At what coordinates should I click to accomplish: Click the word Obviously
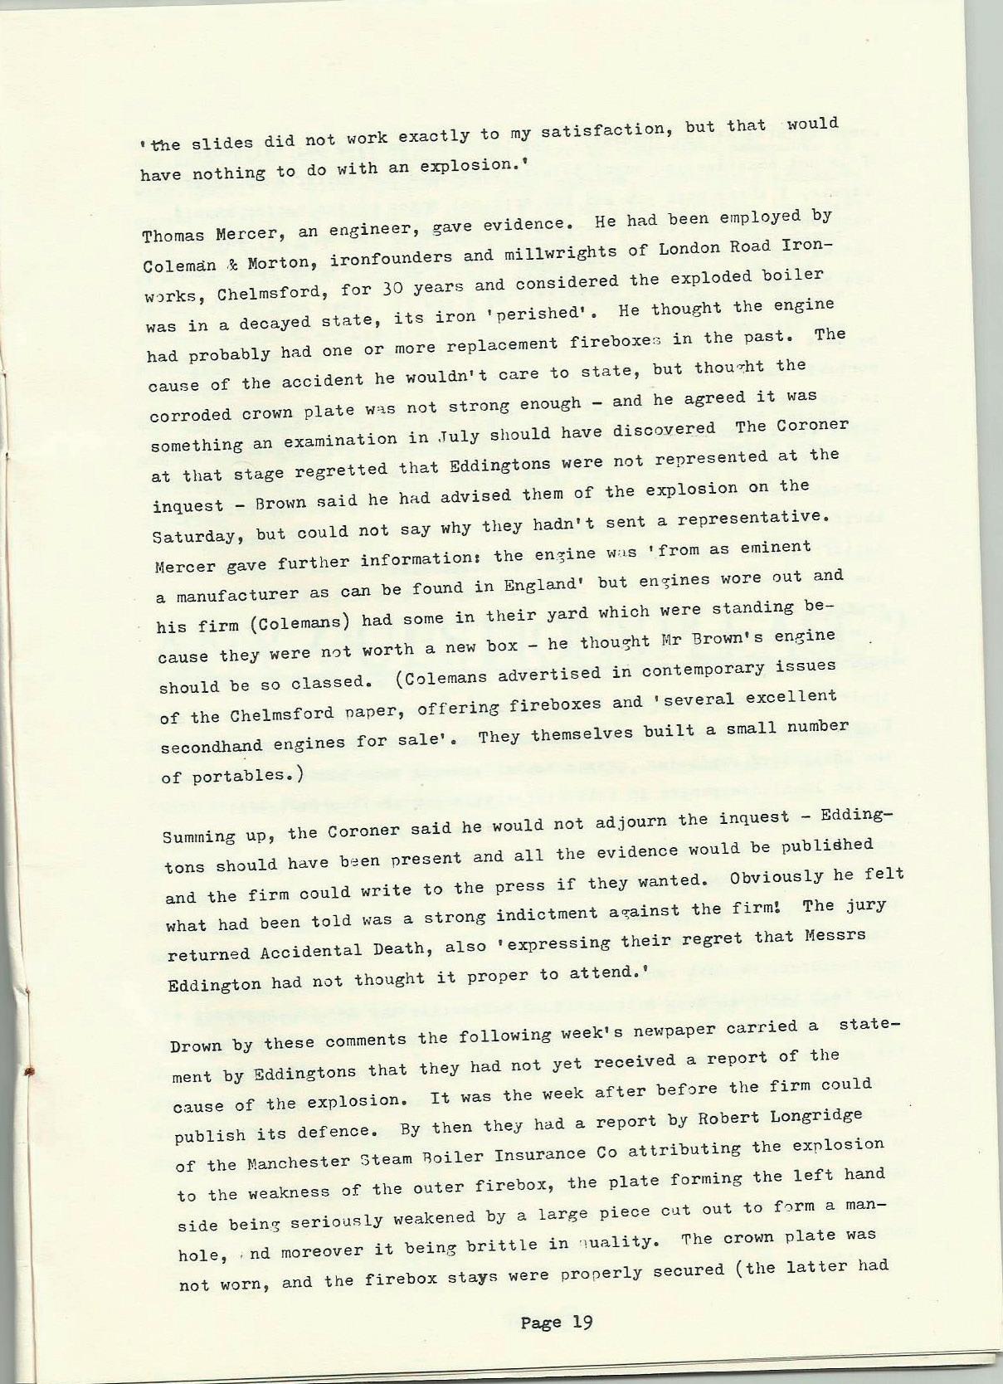pos(777,878)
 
